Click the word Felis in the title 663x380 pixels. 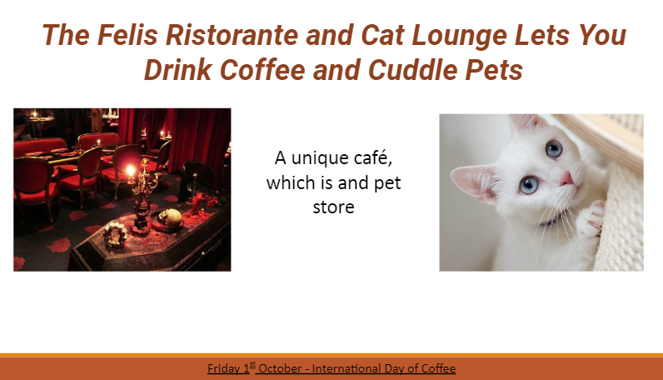click(x=127, y=35)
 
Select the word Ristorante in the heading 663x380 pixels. click(x=232, y=35)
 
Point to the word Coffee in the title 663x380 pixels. click(x=262, y=70)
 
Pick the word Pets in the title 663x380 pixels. click(x=494, y=70)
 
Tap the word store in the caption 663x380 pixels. click(x=334, y=207)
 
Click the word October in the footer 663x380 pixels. click(x=280, y=368)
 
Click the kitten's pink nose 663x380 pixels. click(x=566, y=179)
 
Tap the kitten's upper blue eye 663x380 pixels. click(x=553, y=149)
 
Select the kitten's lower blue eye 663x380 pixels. click(x=529, y=185)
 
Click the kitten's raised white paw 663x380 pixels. click(x=590, y=219)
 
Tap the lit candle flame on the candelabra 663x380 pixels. click(x=131, y=171)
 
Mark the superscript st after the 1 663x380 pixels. click(x=252, y=365)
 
